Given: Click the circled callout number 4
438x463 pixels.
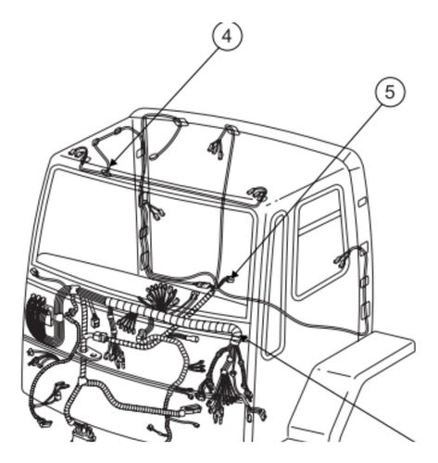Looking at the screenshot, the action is click(228, 36).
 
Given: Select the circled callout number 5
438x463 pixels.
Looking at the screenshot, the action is click(390, 92).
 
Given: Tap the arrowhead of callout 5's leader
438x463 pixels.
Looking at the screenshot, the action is click(233, 275).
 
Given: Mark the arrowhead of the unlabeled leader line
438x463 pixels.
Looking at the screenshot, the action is click(244, 338).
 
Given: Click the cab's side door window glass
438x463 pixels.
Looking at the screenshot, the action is click(318, 244).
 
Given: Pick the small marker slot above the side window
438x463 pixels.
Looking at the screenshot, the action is click(362, 202).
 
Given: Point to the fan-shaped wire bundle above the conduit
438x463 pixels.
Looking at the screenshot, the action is click(163, 295).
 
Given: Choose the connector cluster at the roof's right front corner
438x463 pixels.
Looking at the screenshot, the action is click(256, 194).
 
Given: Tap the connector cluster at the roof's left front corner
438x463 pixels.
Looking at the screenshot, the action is click(80, 155).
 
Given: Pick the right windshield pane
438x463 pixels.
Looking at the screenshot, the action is click(202, 234).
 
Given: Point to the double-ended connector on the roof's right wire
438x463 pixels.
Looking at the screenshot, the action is click(215, 148).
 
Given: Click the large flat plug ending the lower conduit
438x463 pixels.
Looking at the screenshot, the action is click(191, 410).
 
